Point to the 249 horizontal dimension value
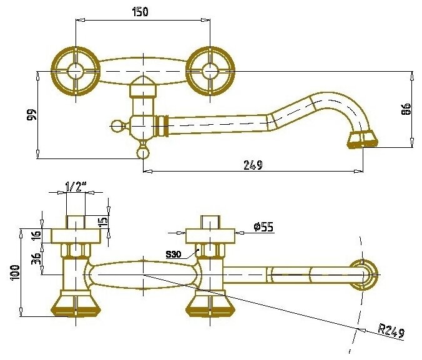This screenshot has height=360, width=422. tap(252, 165)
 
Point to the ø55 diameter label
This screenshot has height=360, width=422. tap(264, 228)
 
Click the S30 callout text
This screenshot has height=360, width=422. tap(175, 255)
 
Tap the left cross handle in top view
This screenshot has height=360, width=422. tap(76, 71)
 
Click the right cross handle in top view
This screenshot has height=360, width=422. tap(210, 71)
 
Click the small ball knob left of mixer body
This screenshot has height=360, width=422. tap(115, 126)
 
